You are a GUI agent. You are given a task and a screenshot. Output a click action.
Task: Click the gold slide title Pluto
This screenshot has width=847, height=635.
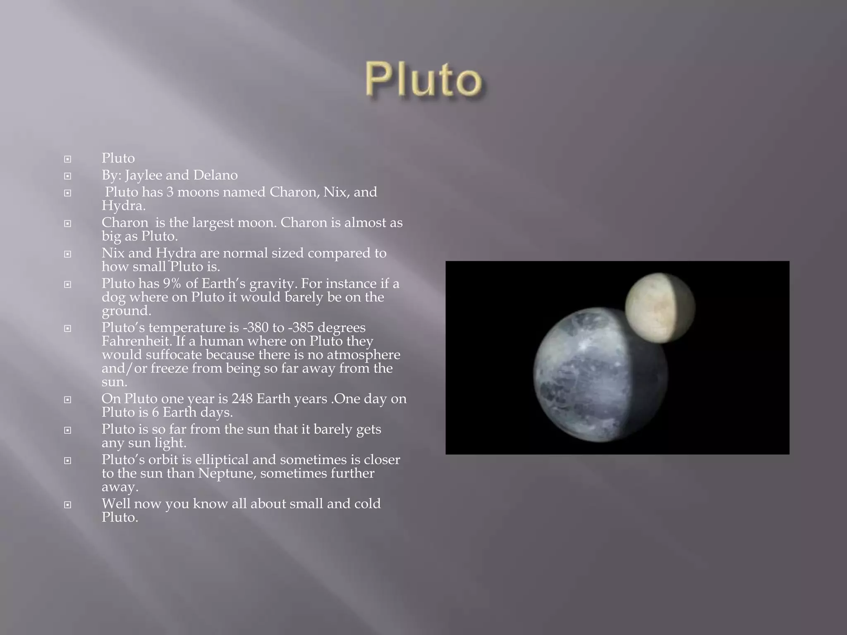point(423,79)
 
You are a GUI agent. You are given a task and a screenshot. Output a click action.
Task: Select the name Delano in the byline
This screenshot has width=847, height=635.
point(215,175)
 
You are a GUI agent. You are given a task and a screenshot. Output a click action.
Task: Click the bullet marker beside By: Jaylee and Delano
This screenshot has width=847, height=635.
point(67,176)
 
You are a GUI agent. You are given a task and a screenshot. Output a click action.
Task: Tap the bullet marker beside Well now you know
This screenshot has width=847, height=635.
point(67,504)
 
